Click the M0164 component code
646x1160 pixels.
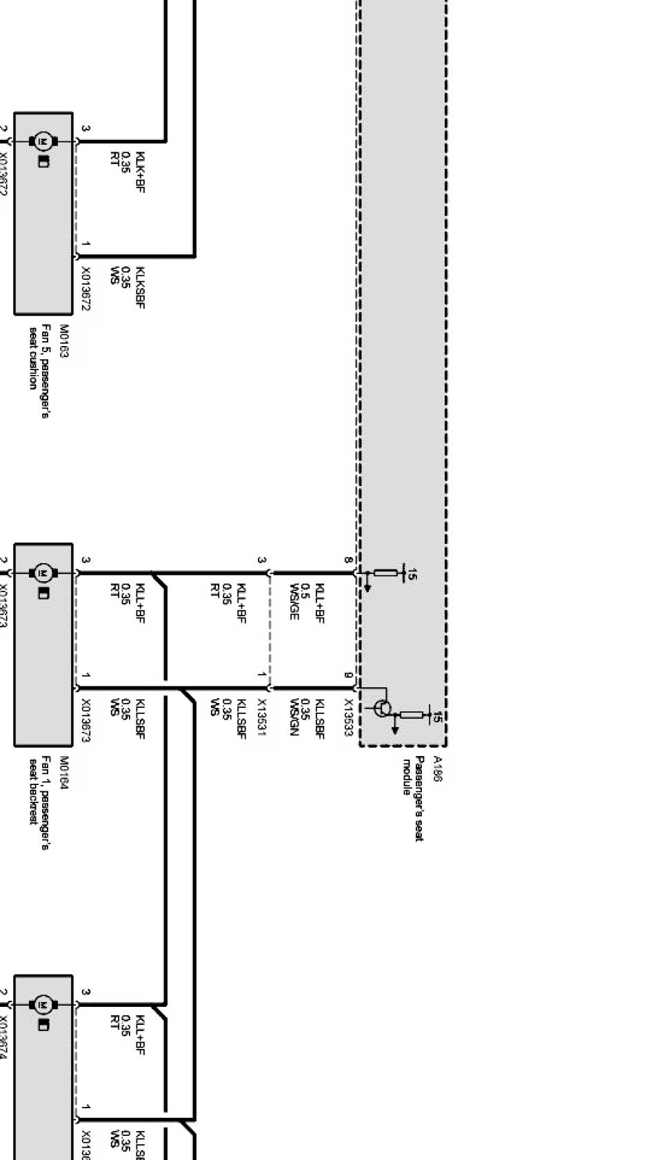[64, 773]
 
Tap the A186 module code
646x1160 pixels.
[436, 769]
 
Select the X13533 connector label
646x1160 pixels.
[348, 718]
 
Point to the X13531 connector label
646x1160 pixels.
[261, 718]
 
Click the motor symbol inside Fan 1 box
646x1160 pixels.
[43, 573]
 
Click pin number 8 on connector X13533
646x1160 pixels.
[348, 560]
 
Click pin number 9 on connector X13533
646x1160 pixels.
[348, 675]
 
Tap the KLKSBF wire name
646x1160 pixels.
[141, 287]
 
